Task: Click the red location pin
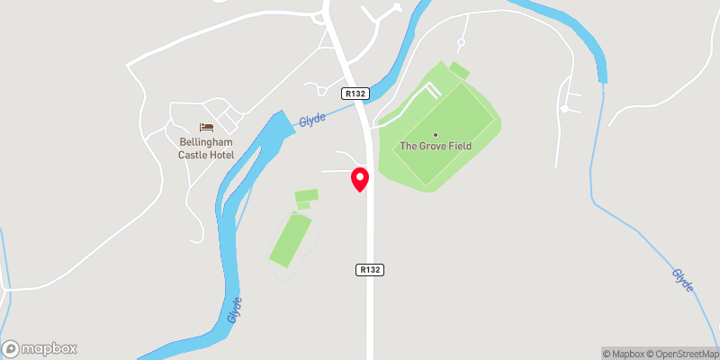360,179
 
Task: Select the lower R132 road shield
369,269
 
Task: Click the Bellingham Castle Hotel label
206,148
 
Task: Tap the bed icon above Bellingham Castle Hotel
206,127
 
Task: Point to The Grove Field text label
436,146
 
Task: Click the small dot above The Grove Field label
436,135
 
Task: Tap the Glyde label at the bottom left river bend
235,310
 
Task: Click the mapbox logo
40,348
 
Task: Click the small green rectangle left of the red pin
307,195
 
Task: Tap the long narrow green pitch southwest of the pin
292,239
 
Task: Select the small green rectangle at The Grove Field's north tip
459,70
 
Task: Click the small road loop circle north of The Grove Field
461,42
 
